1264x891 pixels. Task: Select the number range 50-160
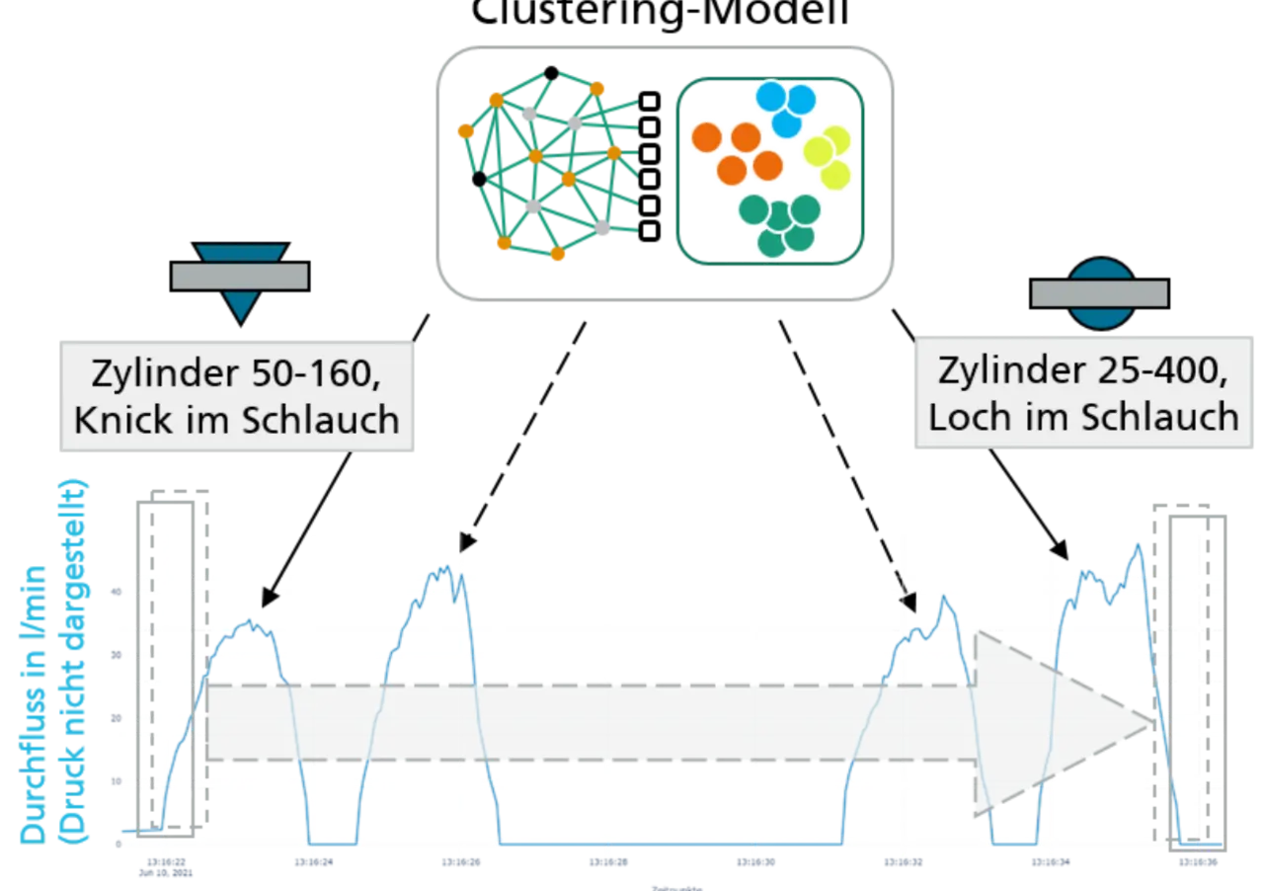(x=313, y=374)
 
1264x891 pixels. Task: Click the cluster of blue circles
(x=785, y=108)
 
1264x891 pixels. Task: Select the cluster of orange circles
(x=737, y=153)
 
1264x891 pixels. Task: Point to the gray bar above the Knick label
(x=240, y=276)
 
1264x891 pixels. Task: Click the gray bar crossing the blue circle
(x=1099, y=293)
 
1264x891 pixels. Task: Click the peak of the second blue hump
(x=445, y=567)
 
